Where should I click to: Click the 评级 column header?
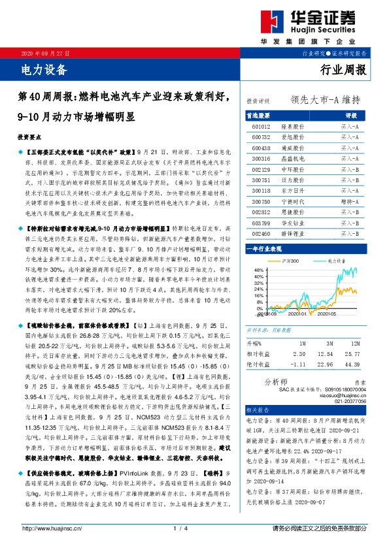click(x=350, y=114)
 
